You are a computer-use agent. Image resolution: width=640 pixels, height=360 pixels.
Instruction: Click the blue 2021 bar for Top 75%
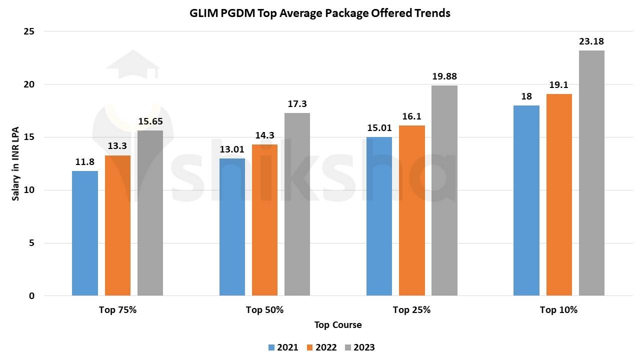(x=85, y=233)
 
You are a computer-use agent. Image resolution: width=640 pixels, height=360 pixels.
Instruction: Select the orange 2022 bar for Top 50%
(x=264, y=220)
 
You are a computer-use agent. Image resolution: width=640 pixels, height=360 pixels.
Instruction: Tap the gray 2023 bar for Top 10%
(x=591, y=173)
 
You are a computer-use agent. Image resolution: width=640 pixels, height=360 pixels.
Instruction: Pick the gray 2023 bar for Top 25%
(x=444, y=190)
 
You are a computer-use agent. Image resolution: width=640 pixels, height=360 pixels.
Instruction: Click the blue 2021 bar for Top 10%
(x=526, y=200)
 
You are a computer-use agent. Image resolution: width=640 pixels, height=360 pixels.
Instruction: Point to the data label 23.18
(x=591, y=41)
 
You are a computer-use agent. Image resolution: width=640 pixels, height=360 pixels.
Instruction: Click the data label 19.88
(x=444, y=76)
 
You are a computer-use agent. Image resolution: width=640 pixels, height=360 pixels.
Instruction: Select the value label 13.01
(x=232, y=149)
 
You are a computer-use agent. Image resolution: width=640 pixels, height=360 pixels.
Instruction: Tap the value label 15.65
(x=150, y=121)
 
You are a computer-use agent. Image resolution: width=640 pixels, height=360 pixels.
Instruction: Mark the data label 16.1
(x=412, y=116)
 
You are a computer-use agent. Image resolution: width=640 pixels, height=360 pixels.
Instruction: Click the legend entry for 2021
(x=283, y=347)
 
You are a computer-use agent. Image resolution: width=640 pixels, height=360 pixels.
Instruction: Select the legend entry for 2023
(x=359, y=347)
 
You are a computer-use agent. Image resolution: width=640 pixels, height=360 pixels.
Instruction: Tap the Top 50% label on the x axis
(x=264, y=310)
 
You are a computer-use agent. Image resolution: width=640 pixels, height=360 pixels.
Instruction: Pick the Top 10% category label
(x=558, y=310)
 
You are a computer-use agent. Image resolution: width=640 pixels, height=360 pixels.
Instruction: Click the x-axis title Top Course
(x=338, y=325)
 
